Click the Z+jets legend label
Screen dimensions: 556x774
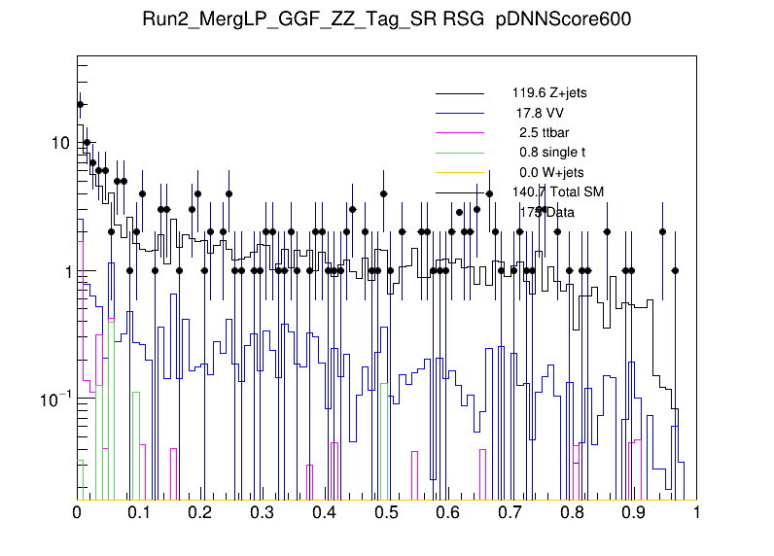(x=549, y=93)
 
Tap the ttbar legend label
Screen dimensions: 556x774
(x=542, y=132)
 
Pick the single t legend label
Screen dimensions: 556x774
(x=551, y=153)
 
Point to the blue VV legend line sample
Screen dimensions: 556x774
(x=459, y=113)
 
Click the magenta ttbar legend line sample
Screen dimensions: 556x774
(x=459, y=132)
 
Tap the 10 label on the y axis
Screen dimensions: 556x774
(x=59, y=143)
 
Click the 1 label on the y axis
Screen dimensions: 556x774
(x=64, y=271)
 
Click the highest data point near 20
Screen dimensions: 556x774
(x=81, y=104)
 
